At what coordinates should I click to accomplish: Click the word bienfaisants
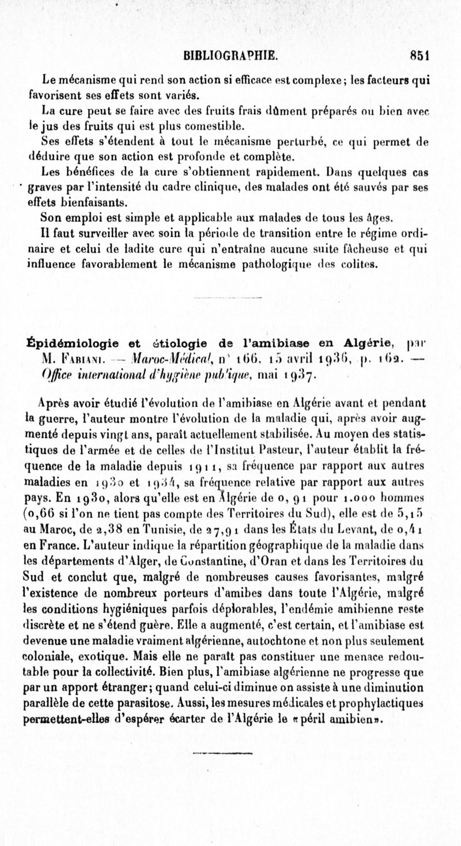coord(84,202)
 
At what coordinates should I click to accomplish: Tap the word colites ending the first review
coord(361,265)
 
